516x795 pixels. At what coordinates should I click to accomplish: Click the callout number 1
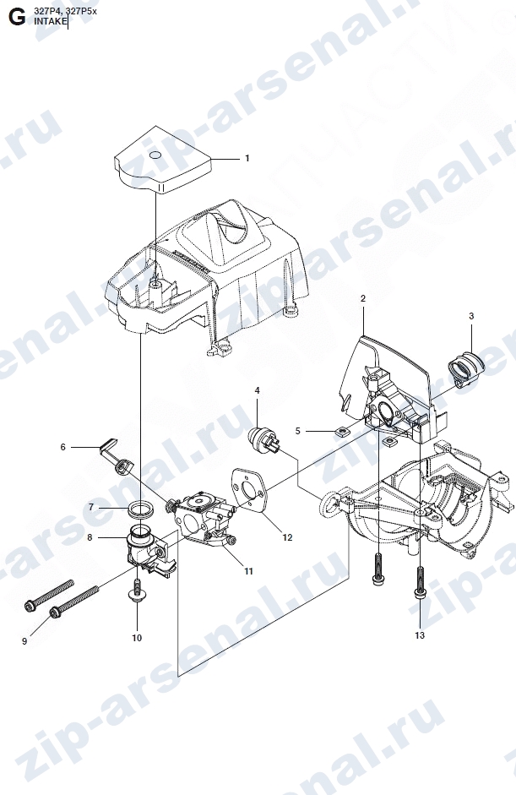click(247, 158)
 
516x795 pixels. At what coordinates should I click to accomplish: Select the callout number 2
click(363, 298)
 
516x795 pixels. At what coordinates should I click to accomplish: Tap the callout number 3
click(471, 316)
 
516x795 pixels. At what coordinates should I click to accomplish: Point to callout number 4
click(257, 390)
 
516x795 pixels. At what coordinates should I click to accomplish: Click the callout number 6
click(62, 447)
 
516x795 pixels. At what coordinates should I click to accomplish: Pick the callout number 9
click(24, 641)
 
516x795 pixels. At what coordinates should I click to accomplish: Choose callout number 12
click(287, 537)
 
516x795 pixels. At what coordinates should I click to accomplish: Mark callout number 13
click(420, 635)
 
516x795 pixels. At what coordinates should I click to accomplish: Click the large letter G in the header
click(17, 17)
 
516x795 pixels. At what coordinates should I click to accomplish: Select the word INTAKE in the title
click(50, 21)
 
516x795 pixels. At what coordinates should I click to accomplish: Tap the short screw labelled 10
click(136, 591)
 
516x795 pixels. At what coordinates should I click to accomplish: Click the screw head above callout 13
click(420, 593)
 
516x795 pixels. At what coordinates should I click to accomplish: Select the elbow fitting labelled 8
click(149, 552)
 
